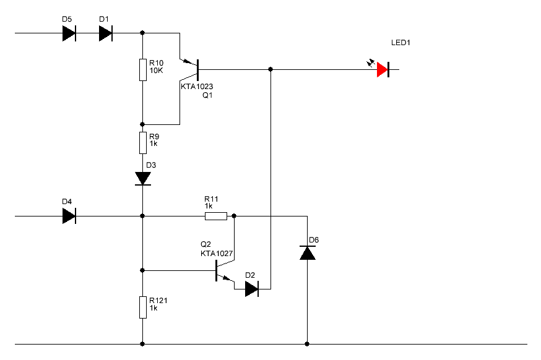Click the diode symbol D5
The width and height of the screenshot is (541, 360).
point(69,33)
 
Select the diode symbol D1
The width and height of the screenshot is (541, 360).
point(106,33)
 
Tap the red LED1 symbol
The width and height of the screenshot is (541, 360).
point(383,70)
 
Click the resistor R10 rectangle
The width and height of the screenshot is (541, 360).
point(143,70)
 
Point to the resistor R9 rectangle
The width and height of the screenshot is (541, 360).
point(143,143)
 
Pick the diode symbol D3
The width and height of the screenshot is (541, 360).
point(143,179)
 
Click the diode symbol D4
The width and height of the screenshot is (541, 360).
point(69,216)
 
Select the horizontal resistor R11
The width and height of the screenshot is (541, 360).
point(216,216)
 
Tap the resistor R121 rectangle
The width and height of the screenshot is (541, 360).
point(143,307)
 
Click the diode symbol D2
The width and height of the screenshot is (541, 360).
point(252,289)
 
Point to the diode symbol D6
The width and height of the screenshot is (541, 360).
point(308,253)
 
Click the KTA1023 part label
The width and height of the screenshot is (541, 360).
point(197,87)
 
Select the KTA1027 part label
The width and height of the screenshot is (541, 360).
point(217,254)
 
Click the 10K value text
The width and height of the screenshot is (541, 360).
point(157,71)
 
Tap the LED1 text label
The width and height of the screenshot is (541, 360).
point(400,43)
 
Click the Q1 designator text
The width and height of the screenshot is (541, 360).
point(207,95)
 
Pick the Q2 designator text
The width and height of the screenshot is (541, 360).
point(206,244)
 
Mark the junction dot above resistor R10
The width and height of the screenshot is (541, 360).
point(142,33)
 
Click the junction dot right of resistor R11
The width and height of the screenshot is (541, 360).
point(234,216)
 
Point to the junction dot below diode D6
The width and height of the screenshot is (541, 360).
point(307,344)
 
